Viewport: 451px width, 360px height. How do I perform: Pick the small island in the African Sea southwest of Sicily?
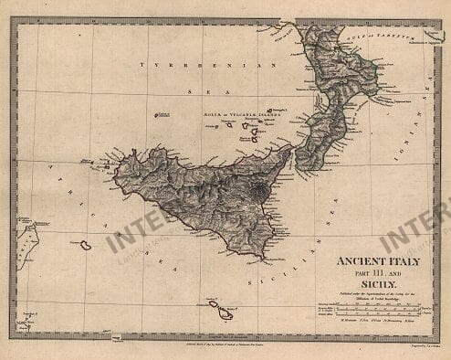[84, 245]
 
